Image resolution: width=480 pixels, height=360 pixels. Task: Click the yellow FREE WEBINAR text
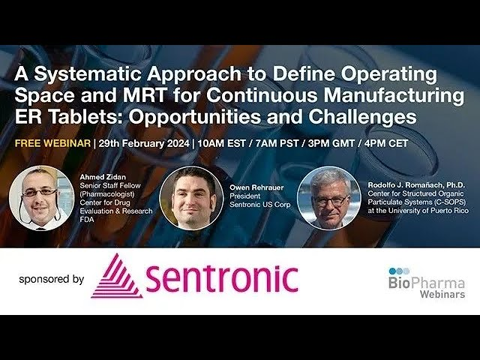tap(52, 143)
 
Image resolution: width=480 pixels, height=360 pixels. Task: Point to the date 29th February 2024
tap(144, 143)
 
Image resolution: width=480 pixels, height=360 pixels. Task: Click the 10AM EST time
tap(221, 143)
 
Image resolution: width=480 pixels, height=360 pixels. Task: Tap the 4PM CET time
tap(386, 143)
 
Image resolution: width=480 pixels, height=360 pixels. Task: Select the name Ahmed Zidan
tap(103, 177)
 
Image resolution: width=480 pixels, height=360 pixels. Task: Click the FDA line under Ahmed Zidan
tap(87, 220)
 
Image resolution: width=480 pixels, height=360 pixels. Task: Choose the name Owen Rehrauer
tap(256, 187)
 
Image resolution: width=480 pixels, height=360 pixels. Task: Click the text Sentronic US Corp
tap(260, 205)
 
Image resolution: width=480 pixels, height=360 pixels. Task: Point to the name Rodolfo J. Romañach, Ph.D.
tap(416, 185)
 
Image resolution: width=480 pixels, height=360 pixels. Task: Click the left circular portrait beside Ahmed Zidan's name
tap(41, 198)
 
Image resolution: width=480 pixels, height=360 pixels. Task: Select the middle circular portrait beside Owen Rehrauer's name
tap(192, 198)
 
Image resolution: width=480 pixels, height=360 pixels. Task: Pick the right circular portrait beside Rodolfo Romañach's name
tap(329, 198)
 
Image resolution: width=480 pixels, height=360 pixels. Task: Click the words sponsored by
tap(52, 280)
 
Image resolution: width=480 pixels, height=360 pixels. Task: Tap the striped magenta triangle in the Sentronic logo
tap(116, 276)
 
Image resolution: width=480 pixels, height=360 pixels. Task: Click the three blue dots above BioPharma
tap(399, 271)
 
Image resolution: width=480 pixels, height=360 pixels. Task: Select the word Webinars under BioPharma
tap(442, 294)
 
